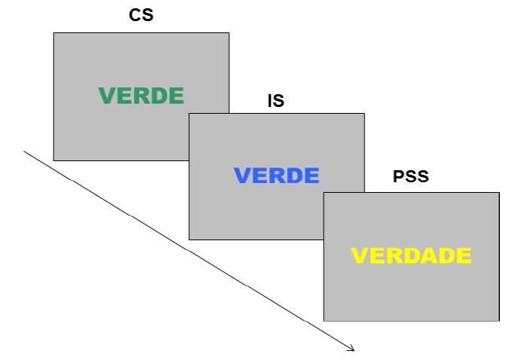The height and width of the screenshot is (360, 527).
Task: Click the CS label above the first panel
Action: pyautogui.click(x=141, y=16)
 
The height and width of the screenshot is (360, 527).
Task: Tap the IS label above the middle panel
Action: pyautogui.click(x=276, y=100)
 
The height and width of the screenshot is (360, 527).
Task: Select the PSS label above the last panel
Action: pyautogui.click(x=412, y=178)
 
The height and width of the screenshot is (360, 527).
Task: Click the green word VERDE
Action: pyautogui.click(x=141, y=96)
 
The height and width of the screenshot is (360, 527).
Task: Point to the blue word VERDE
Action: pyautogui.click(x=276, y=175)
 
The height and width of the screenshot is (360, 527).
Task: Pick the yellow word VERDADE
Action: pyautogui.click(x=411, y=256)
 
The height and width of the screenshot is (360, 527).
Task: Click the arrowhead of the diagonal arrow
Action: pyautogui.click(x=352, y=349)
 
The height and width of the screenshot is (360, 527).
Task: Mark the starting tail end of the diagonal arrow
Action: pyautogui.click(x=25, y=151)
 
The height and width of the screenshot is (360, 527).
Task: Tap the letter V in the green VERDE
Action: pyautogui.click(x=107, y=96)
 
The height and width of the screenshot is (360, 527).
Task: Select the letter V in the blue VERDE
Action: pyautogui.click(x=242, y=175)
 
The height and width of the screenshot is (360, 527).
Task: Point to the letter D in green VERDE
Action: pyautogui.click(x=158, y=96)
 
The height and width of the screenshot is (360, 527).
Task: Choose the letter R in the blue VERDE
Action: pyautogui.click(x=276, y=175)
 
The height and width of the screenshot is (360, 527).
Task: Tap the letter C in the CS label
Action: pyautogui.click(x=135, y=16)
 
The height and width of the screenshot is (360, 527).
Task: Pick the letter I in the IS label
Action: pyautogui.click(x=271, y=100)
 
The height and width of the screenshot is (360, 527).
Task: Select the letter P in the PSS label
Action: pyautogui.click(x=399, y=178)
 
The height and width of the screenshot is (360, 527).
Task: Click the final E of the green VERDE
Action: pyautogui.click(x=175, y=96)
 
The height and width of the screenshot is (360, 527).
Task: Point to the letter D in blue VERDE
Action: pyautogui.click(x=294, y=175)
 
